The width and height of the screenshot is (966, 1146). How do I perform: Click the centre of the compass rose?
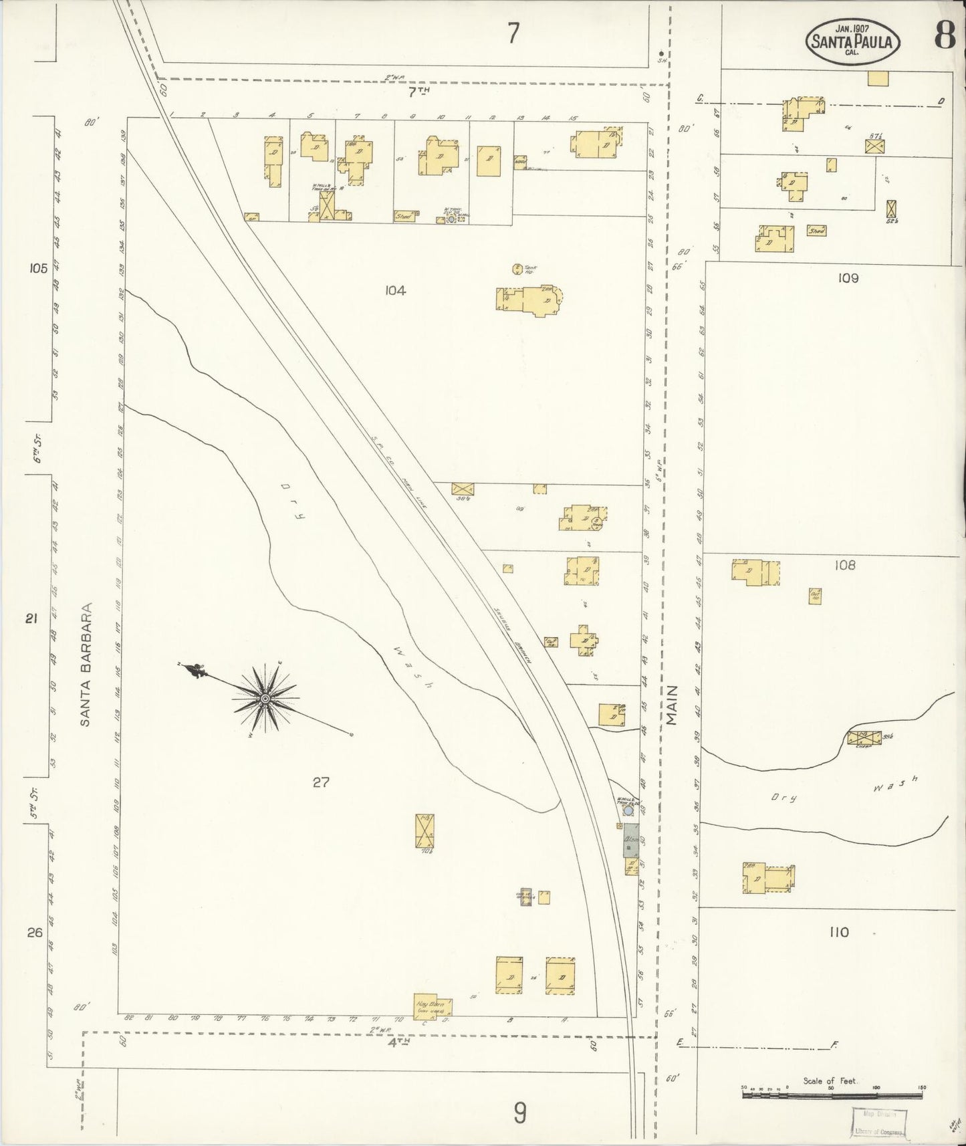(265, 699)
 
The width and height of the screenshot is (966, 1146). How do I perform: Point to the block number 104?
(395, 290)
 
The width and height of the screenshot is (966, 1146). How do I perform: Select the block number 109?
(847, 277)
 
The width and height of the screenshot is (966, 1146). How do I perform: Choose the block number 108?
(844, 566)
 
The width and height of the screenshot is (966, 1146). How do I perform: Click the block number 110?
(839, 932)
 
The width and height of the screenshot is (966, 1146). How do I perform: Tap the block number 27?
(321, 782)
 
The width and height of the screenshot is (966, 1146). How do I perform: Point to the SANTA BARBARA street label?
(86, 665)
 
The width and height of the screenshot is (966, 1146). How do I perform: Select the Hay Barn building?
(433, 1007)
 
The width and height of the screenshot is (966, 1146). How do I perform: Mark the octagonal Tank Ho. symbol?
(517, 269)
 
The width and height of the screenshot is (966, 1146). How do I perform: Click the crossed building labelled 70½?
(425, 830)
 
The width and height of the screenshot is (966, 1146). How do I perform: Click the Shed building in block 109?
(816, 231)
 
